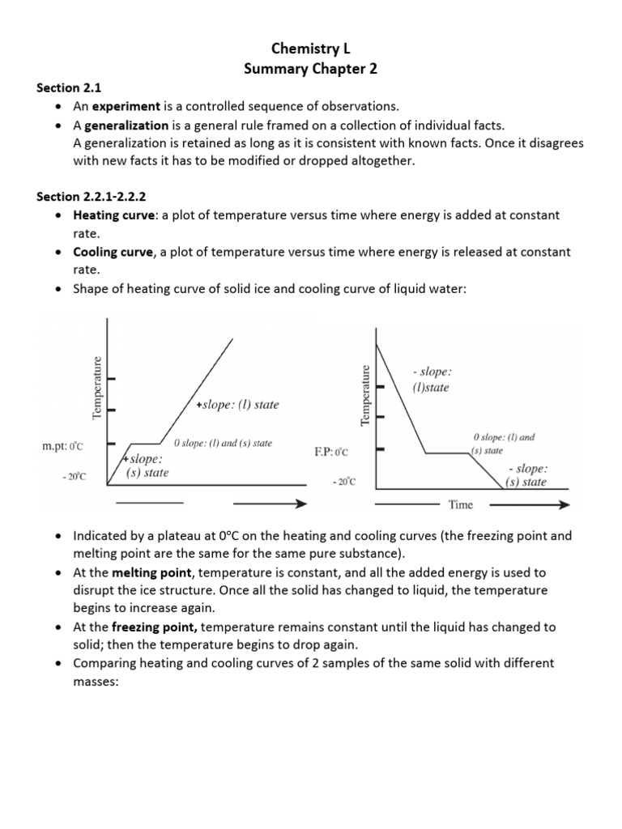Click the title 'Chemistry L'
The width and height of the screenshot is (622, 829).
[310, 50]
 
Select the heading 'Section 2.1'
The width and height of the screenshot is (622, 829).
[69, 88]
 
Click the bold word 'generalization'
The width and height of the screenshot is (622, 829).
[126, 125]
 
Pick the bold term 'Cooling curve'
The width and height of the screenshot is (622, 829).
[113, 253]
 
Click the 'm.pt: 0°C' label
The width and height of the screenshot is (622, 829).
[62, 445]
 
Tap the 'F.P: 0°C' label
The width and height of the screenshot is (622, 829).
[330, 450]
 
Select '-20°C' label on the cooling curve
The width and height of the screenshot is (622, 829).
[343, 483]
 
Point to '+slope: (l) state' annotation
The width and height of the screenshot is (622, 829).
[236, 405]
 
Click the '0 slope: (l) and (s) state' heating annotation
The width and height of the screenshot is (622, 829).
[223, 443]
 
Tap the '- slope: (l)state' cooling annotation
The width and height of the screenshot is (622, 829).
[431, 379]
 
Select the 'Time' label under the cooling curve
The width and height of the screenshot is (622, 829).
[460, 505]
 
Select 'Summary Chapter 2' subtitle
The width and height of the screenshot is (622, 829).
[310, 70]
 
